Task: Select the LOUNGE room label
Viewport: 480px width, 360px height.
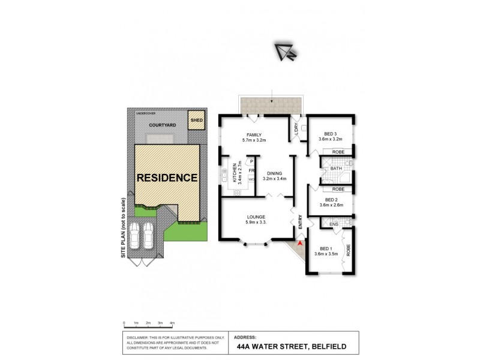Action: click(256, 217)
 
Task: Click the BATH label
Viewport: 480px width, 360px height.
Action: click(336, 169)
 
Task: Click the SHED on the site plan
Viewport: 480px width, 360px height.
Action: click(196, 120)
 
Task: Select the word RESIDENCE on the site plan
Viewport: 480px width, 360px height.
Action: click(167, 178)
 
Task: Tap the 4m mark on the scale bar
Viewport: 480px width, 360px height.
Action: click(172, 323)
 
